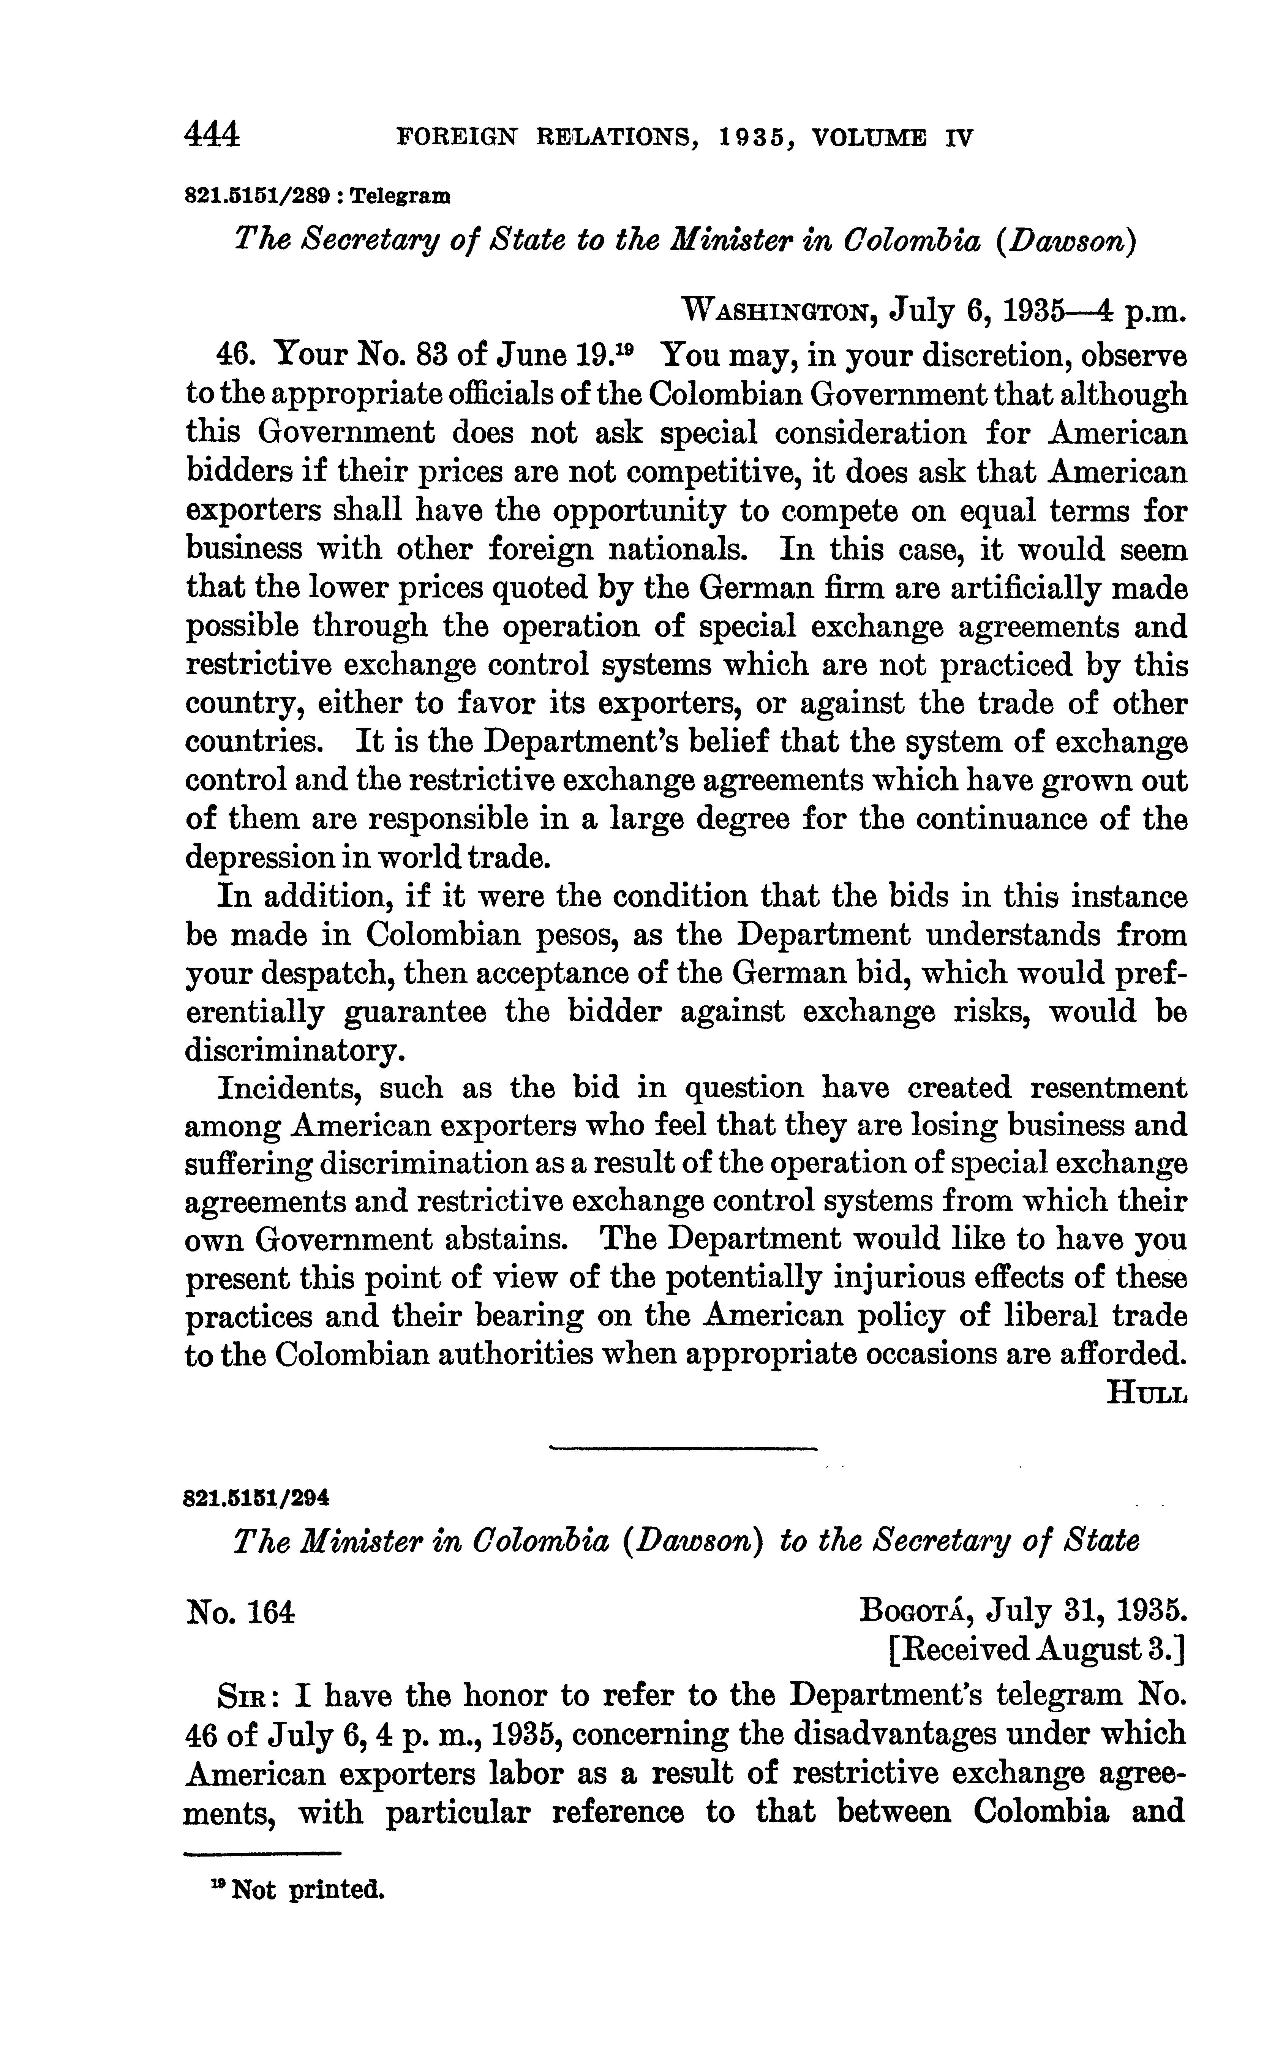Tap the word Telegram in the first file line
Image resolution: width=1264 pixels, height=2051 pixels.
tap(400, 197)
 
